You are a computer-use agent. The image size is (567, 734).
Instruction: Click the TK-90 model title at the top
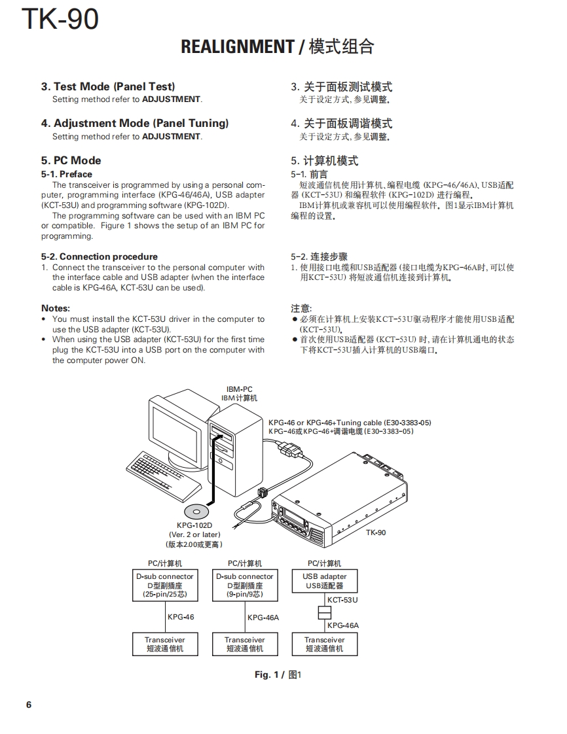(x=60, y=19)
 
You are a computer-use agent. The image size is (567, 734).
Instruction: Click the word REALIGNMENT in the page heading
(x=237, y=47)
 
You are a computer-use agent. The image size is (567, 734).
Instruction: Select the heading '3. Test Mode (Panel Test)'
(x=108, y=86)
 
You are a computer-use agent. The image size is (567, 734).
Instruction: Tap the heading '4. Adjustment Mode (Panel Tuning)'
(x=135, y=123)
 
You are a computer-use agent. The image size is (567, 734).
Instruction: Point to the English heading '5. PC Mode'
(x=71, y=160)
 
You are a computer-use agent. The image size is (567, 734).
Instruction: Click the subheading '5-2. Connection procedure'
(x=100, y=256)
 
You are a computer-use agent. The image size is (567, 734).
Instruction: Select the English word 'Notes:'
(x=56, y=308)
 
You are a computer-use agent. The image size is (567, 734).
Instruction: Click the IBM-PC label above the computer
(x=239, y=389)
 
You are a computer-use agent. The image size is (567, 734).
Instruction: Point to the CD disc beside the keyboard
(x=195, y=511)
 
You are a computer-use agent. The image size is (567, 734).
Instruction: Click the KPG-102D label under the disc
(x=194, y=525)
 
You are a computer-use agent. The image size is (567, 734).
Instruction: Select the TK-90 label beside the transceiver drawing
(x=376, y=532)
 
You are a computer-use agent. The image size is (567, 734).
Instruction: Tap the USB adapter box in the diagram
(x=325, y=581)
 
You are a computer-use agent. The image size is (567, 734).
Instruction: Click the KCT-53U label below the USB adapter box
(x=342, y=599)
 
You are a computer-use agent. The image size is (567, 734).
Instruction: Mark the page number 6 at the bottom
(x=28, y=705)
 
